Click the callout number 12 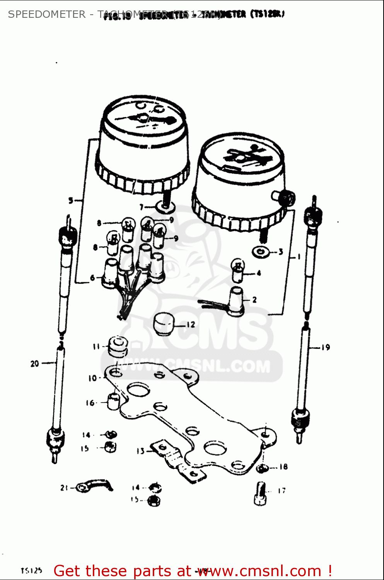click(191, 325)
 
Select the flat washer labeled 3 click(261, 252)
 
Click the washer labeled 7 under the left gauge click(166, 207)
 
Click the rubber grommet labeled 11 click(118, 346)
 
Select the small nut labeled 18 click(262, 468)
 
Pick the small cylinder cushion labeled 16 click(113, 401)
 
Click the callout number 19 click(326, 347)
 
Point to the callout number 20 click(35, 363)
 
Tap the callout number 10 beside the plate click(92, 378)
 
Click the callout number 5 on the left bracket click(71, 200)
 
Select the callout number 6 click(92, 277)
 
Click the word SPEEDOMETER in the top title click(47, 14)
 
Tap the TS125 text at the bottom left click(31, 571)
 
